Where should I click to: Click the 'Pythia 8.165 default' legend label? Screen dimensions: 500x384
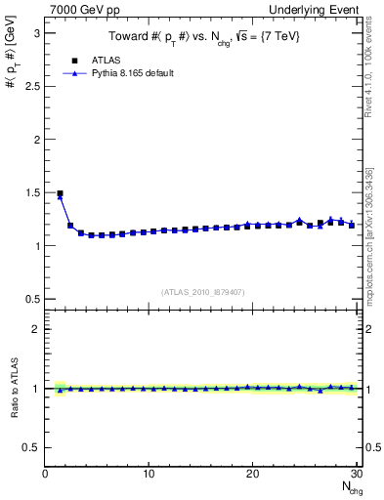(132, 73)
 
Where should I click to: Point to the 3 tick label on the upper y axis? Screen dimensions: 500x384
(35, 32)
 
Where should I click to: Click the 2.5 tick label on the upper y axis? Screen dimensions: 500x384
(31, 86)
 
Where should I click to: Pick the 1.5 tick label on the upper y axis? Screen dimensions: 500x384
(31, 192)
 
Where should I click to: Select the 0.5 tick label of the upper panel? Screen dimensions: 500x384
(31, 299)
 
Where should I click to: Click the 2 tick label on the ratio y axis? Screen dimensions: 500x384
(35, 329)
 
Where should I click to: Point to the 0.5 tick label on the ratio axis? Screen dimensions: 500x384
(31, 447)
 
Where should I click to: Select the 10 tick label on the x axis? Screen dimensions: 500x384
(149, 475)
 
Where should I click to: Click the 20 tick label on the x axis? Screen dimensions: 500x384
(252, 475)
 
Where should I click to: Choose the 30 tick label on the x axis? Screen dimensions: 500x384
(356, 475)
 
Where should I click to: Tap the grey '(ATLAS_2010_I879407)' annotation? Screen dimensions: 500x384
(203, 291)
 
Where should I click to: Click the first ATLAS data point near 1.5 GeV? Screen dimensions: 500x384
(60, 193)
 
